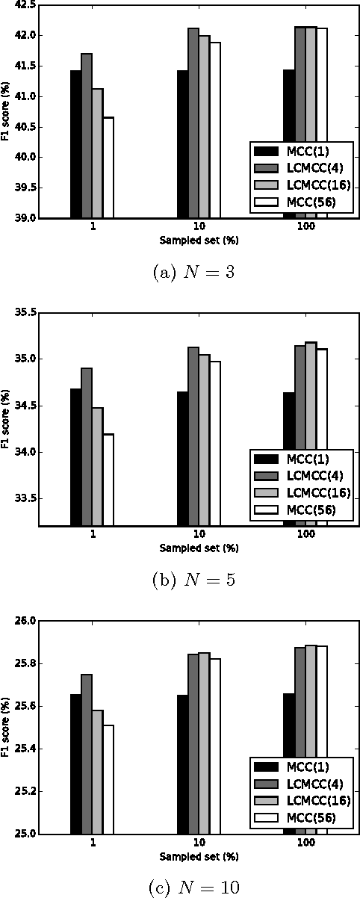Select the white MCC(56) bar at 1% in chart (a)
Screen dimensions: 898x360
pyautogui.click(x=108, y=168)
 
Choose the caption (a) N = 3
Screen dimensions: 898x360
pyautogui.click(x=180, y=272)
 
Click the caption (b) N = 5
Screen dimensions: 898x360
pyautogui.click(x=180, y=580)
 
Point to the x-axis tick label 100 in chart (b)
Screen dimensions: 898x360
pyautogui.click(x=300, y=536)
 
